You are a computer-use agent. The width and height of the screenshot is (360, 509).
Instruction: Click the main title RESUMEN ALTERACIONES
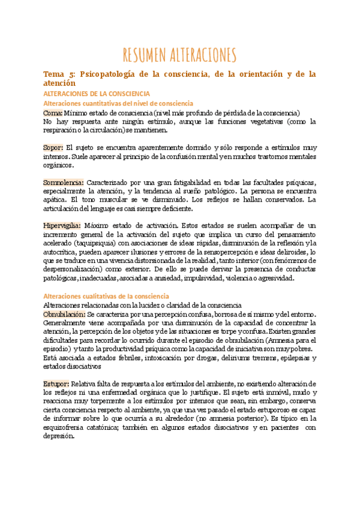(x=179, y=55)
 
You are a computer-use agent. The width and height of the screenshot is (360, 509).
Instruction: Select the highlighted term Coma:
(x=52, y=112)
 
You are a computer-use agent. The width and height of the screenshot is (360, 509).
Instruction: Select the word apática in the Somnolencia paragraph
(x=55, y=200)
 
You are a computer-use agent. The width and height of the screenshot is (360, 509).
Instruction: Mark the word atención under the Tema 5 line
(x=59, y=84)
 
